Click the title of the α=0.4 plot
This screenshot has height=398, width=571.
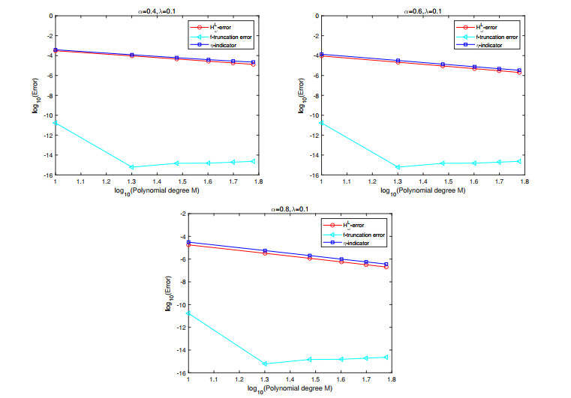pos(140,10)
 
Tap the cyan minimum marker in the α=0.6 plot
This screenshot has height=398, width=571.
pos(398,166)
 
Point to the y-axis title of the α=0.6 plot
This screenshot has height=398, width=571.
pos(302,95)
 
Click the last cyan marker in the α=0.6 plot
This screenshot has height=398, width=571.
pos(519,160)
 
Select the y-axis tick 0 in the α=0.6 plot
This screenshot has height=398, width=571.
pos(316,16)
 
